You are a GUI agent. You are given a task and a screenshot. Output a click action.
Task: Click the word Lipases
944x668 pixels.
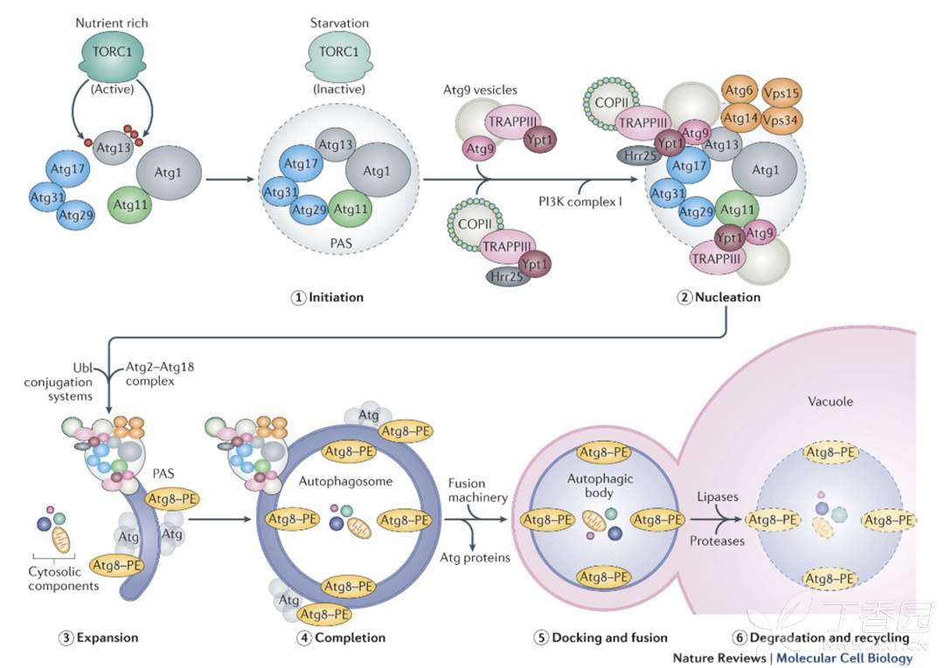pyautogui.click(x=718, y=497)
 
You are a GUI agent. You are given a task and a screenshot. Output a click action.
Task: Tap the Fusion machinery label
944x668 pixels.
pyautogui.click(x=478, y=491)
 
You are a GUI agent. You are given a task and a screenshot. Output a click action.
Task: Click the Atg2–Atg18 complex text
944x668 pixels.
pyautogui.click(x=161, y=374)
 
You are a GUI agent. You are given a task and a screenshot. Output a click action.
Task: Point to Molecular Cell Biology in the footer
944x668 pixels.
pyautogui.click(x=844, y=658)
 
